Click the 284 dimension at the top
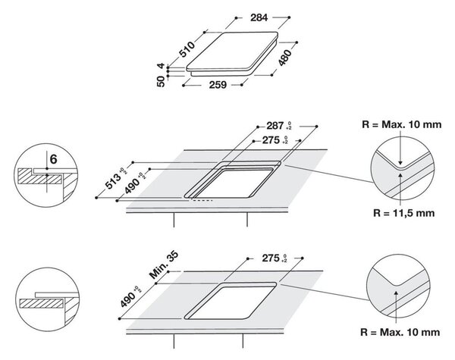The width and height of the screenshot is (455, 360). point(259,17)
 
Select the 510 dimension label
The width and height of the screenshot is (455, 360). point(187,49)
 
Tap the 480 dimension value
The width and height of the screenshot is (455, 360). point(284,58)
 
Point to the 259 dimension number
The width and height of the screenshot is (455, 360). point(218,85)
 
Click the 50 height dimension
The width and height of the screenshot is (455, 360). point(161,82)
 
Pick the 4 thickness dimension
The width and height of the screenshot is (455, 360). point(161,66)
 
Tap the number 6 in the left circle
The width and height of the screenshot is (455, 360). point(54,159)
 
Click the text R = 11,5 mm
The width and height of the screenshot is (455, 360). point(403,213)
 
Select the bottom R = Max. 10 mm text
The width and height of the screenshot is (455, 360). point(400,332)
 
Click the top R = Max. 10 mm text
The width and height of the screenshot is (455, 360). point(402,125)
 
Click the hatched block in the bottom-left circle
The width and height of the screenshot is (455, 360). point(41,303)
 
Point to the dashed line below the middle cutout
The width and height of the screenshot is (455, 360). point(202,200)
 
